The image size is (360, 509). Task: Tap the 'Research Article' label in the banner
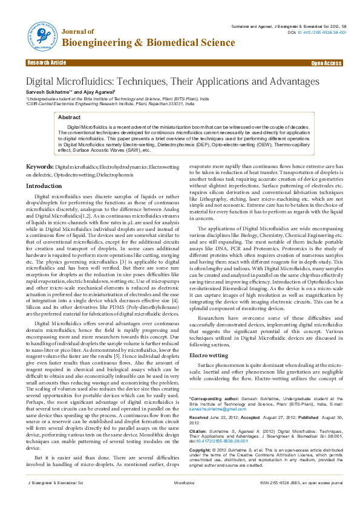click(x=47, y=63)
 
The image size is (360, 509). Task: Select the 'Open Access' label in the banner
click(x=326, y=63)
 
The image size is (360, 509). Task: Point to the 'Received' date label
click(x=200, y=417)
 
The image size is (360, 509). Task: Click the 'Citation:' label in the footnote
click(x=199, y=430)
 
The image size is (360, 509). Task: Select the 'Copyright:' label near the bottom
click(x=201, y=451)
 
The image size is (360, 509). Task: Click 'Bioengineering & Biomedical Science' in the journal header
click(x=149, y=42)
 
